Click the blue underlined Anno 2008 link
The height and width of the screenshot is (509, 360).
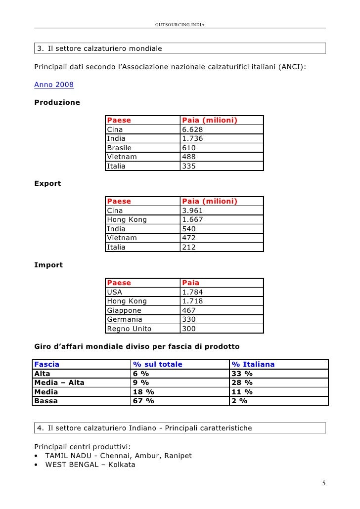pos(54,85)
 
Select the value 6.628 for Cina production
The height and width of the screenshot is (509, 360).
pos(192,129)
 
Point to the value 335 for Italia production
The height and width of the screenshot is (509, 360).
pos(189,166)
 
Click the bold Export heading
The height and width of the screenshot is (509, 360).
pos(47,183)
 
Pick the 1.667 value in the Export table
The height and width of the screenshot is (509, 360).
pos(192,219)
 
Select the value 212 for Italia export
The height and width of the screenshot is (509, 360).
pos(189,247)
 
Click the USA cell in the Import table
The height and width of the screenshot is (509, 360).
pos(115,292)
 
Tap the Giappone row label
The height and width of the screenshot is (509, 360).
pos(124,310)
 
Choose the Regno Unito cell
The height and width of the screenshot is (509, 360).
pos(129,329)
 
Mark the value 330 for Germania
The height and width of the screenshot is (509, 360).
pos(189,319)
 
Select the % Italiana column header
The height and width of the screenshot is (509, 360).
pos(253,364)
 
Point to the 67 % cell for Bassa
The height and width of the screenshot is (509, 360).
pos(143,401)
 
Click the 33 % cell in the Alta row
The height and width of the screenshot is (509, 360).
pos(242,374)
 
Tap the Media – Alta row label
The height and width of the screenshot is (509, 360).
pos(59,382)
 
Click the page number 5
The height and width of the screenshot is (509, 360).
pos(323,483)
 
